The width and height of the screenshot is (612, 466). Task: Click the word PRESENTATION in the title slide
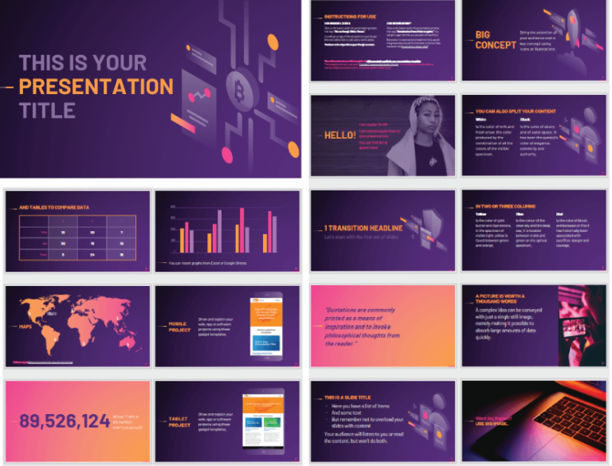pos(96,86)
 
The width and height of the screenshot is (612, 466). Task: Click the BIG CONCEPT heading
pos(495,40)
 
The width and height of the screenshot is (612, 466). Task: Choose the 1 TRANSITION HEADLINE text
pos(363,229)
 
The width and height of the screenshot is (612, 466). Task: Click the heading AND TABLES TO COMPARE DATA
pos(54,206)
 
